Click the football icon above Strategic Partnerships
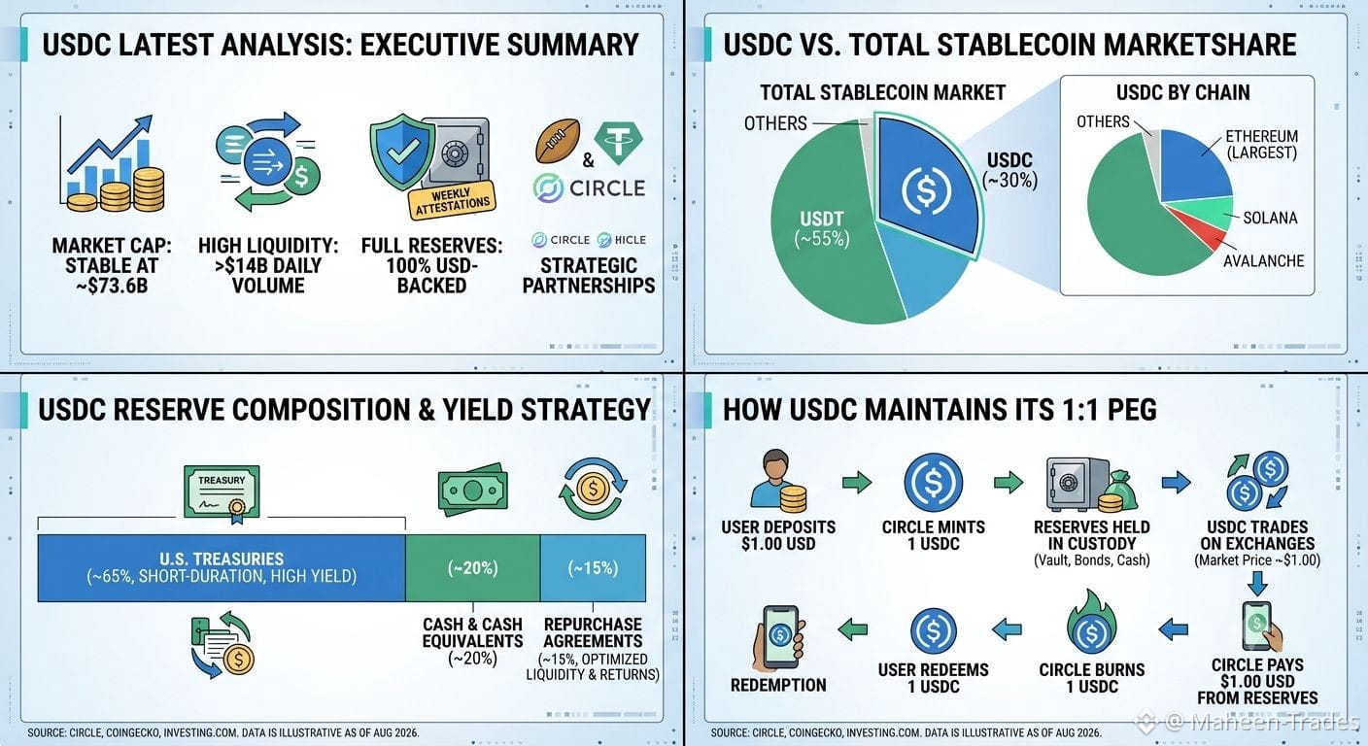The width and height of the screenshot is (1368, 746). coord(558,141)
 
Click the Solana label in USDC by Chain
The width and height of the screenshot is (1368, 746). coord(1270,218)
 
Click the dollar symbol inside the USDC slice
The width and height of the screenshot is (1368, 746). coord(926,190)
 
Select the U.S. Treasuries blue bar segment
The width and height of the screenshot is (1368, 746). coord(222,567)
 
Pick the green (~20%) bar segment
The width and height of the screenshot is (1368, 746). coord(473,567)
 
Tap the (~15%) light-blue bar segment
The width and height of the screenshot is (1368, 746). coord(593,567)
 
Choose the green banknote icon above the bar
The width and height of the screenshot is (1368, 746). coord(473,489)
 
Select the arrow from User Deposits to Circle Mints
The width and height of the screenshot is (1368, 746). coord(857,482)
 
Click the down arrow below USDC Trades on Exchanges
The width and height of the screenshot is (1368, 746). coord(1257,584)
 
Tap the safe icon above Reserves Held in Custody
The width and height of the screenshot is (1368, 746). coord(1091,484)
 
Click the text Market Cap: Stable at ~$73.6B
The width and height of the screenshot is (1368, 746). coord(112,265)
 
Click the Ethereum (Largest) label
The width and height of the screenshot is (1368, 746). coord(1262,145)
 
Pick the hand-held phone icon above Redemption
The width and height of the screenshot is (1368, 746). coord(779,637)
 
